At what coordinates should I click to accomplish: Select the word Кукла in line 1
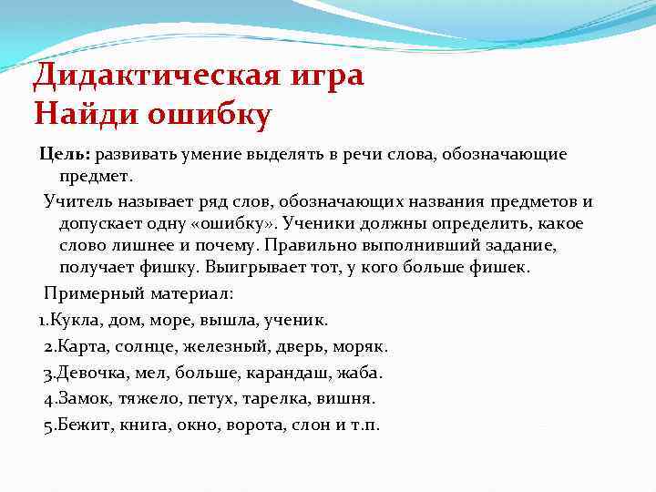point(77,320)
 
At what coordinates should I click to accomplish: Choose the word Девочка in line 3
point(89,373)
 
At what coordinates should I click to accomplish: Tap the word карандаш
point(282,373)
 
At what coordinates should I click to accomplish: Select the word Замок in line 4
point(81,399)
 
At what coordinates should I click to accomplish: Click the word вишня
point(349,399)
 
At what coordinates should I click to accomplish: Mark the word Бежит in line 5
point(80,425)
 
